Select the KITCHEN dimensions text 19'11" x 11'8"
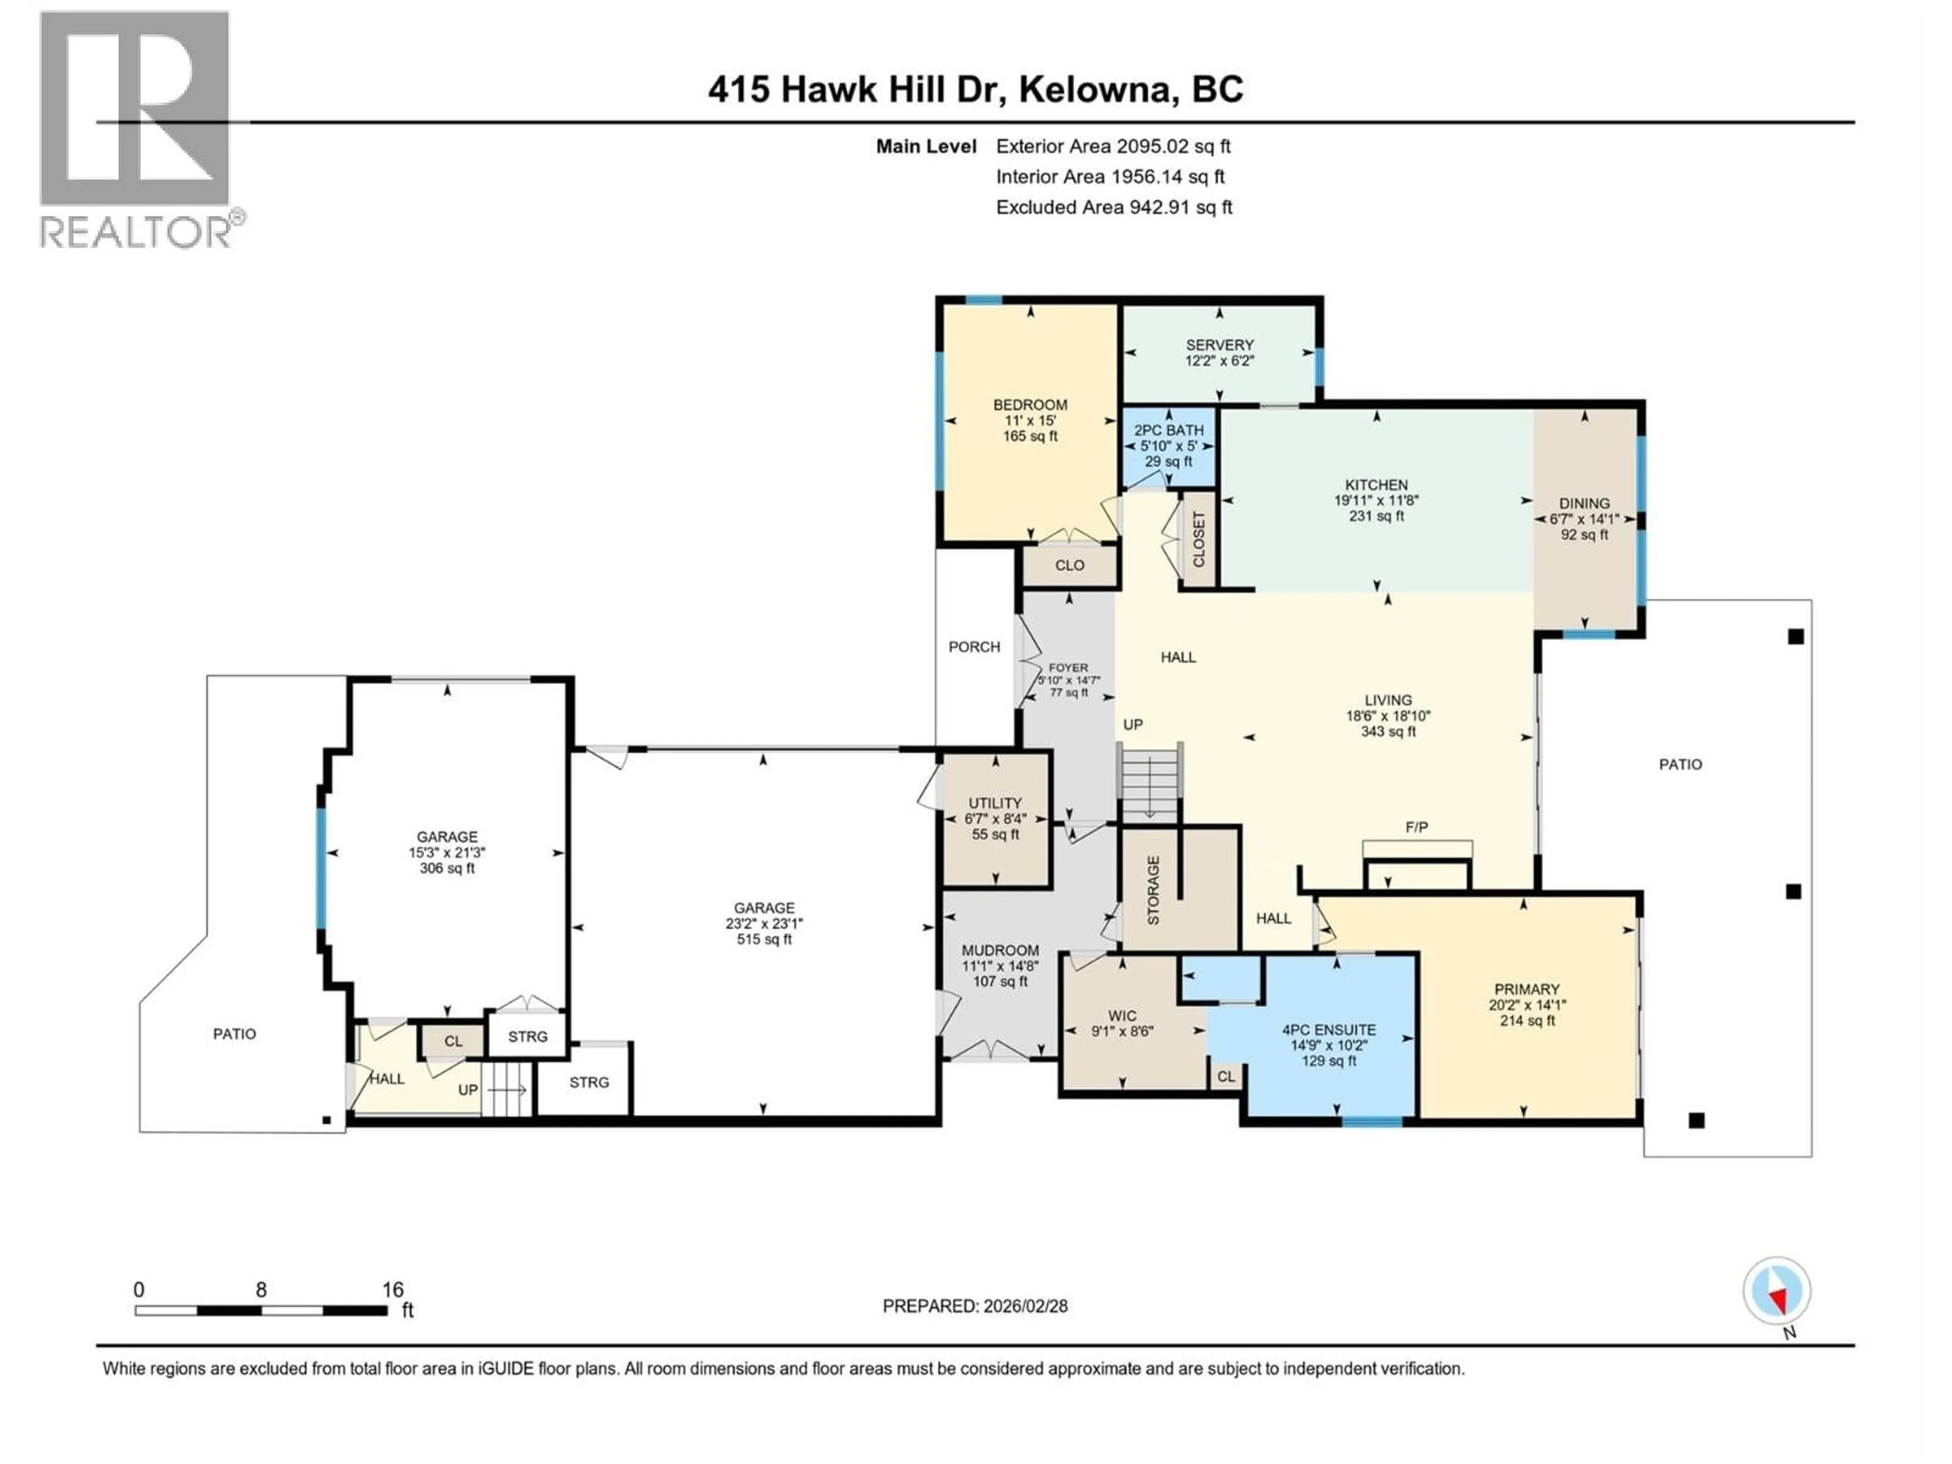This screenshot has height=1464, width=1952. click(1376, 500)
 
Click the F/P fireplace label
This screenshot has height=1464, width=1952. click(1416, 827)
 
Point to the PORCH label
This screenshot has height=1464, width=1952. click(974, 647)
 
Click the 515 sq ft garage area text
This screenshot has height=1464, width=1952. click(764, 940)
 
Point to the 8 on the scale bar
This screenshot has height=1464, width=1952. click(261, 1290)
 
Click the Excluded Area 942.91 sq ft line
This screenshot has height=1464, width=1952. click(1114, 207)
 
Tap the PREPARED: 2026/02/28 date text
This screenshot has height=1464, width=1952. click(975, 1306)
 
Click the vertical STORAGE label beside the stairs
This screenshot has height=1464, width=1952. click(1153, 891)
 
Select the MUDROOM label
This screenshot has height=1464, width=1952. click(1000, 951)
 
